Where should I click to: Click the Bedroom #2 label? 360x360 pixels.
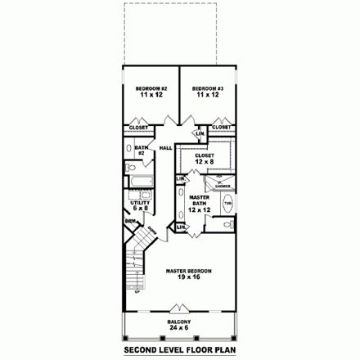click(151, 92)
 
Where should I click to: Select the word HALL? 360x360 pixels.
click(164, 148)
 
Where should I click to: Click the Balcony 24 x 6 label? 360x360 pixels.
click(180, 325)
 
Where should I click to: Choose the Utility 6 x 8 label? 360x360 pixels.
click(138, 205)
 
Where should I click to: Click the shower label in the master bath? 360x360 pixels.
click(223, 184)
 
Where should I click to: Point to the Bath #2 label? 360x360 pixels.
click(140, 150)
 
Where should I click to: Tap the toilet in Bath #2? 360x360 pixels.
click(131, 166)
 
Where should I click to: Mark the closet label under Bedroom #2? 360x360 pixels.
click(138, 128)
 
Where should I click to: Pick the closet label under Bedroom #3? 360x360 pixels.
click(221, 128)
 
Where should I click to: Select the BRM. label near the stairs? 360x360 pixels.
click(130, 222)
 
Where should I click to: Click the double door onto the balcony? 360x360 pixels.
click(180, 310)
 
